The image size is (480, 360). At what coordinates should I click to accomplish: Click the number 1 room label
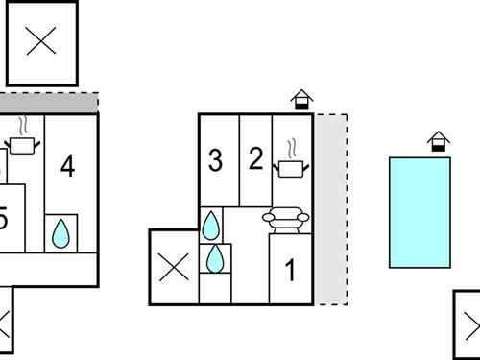click(x=291, y=271)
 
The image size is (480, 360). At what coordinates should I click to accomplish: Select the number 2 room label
click(x=255, y=158)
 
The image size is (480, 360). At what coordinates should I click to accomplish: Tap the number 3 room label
click(x=215, y=160)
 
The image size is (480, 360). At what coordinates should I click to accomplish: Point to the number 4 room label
click(x=67, y=166)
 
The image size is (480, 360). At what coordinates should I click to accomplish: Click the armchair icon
click(x=289, y=220)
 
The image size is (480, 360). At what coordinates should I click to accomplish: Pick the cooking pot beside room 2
click(x=290, y=168)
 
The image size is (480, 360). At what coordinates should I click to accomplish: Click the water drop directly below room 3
click(x=210, y=225)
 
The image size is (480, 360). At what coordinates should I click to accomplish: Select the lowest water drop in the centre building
click(x=216, y=259)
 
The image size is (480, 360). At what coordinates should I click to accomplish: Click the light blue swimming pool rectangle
click(x=420, y=212)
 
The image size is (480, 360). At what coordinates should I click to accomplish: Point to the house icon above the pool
click(x=439, y=141)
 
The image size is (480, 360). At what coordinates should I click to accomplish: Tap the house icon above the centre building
click(x=301, y=99)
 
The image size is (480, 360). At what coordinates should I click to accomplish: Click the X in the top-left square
click(x=41, y=41)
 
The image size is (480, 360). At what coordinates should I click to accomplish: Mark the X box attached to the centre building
click(x=174, y=267)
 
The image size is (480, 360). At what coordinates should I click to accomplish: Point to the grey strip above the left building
click(x=48, y=102)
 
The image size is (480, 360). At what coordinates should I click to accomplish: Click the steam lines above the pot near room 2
click(x=290, y=149)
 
